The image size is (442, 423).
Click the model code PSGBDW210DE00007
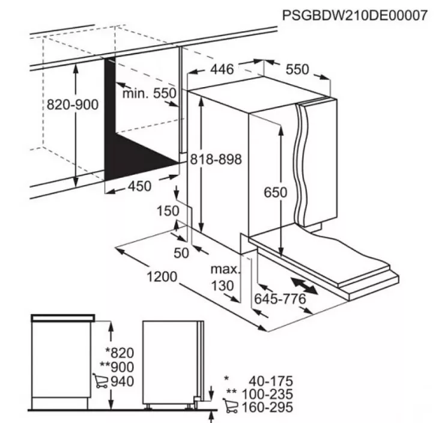pyautogui.click(x=355, y=15)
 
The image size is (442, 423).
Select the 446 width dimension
pyautogui.click(x=222, y=69)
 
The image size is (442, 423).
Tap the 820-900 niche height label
pyautogui.click(x=73, y=105)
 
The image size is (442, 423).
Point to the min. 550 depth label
pyautogui.click(x=150, y=93)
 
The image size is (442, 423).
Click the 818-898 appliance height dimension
pyautogui.click(x=216, y=159)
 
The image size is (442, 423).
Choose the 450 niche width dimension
pyautogui.click(x=140, y=186)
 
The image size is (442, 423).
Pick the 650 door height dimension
pyautogui.click(x=276, y=192)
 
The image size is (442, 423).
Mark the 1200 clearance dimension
pyautogui.click(x=162, y=276)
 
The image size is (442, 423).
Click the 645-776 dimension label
pyautogui.click(x=280, y=299)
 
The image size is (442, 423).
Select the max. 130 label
pyautogui.click(x=225, y=278)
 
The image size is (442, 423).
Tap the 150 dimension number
pyautogui.click(x=168, y=211)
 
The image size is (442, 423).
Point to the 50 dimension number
pyautogui.click(x=181, y=253)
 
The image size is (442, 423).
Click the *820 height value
pyautogui.click(x=120, y=353)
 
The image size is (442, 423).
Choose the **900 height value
pyautogui.click(x=117, y=367)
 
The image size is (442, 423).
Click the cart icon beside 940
pyautogui.click(x=100, y=381)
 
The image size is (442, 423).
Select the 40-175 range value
pyautogui.click(x=271, y=382)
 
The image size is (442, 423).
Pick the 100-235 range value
pyautogui.click(x=267, y=394)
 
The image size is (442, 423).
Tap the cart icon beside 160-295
pyautogui.click(x=230, y=406)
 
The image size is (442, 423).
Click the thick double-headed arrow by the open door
pyautogui.click(x=304, y=286)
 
